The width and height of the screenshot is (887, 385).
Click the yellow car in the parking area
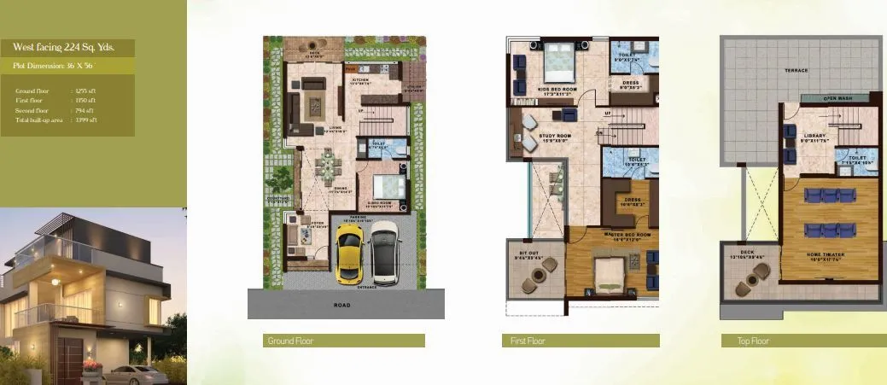(350, 253)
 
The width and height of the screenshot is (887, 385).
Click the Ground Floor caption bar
(344, 341)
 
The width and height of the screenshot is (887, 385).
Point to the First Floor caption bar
(581, 341)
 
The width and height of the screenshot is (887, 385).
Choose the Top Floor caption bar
(802, 341)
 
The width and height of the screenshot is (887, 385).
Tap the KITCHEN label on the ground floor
(361, 79)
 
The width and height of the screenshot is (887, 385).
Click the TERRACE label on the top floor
(797, 70)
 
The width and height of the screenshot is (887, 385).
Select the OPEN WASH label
(837, 98)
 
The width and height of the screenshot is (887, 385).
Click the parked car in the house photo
(134, 373)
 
